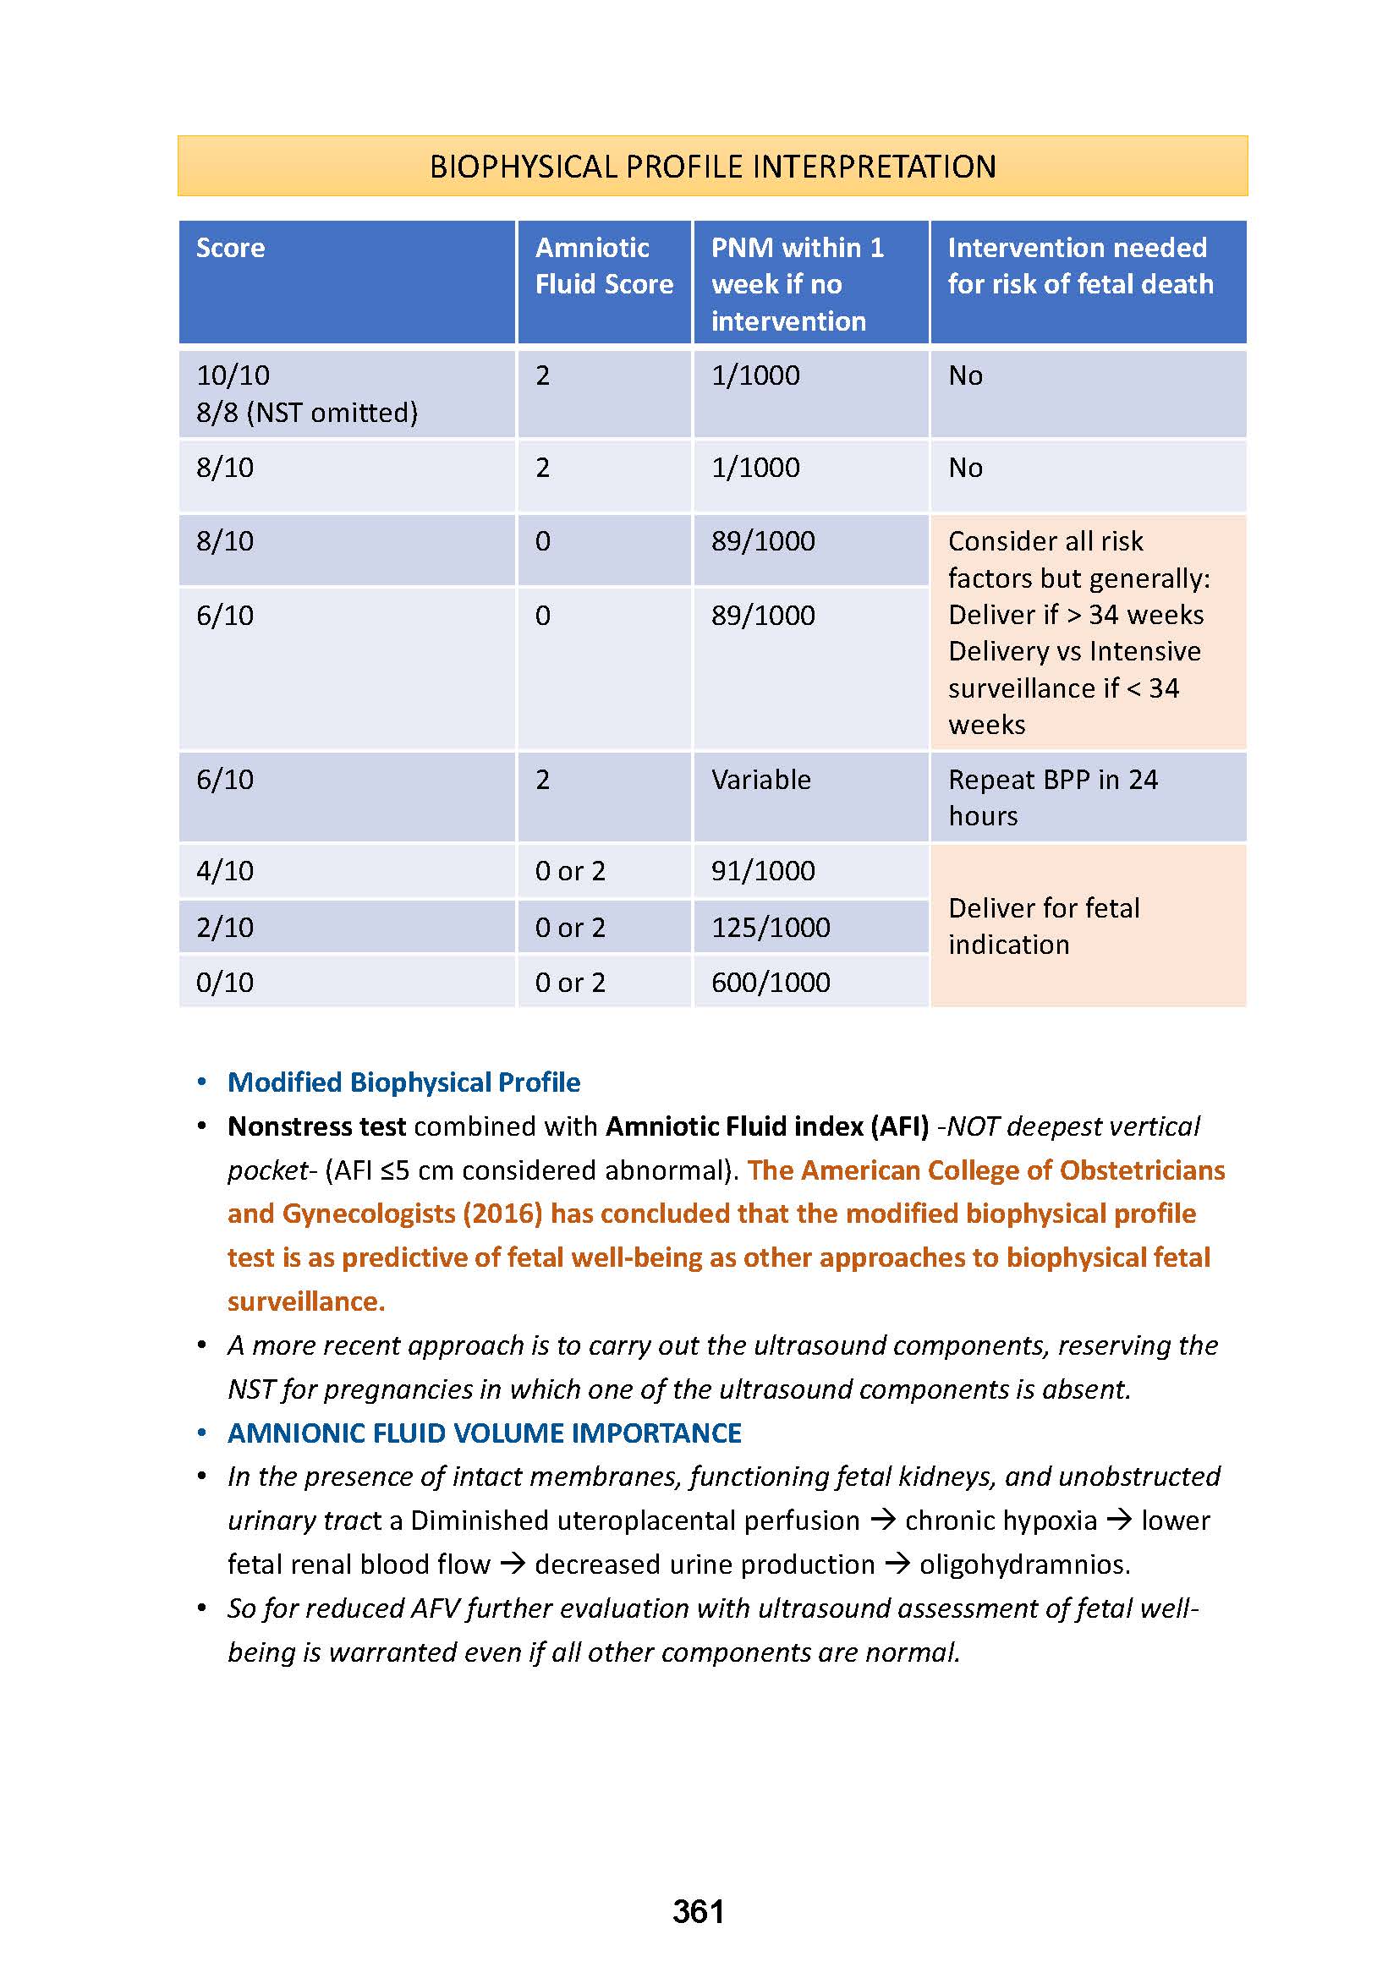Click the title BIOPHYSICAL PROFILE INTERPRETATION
click(x=712, y=167)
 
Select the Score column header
click(x=230, y=248)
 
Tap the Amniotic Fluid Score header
click(x=603, y=266)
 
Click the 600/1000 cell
click(x=771, y=982)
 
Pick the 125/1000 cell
click(x=771, y=927)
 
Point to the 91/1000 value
click(x=762, y=871)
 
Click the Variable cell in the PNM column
click(x=760, y=780)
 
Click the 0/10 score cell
click(x=225, y=982)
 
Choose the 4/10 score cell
click(x=225, y=871)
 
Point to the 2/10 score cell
click(x=225, y=927)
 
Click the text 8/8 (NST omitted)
click(x=307, y=413)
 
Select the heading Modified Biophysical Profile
click(x=403, y=1082)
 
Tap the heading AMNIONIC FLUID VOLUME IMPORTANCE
click(x=484, y=1433)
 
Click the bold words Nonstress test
click(x=316, y=1126)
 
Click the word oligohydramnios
click(x=1024, y=1564)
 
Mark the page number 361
click(x=698, y=1912)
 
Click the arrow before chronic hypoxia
click(x=882, y=1520)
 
